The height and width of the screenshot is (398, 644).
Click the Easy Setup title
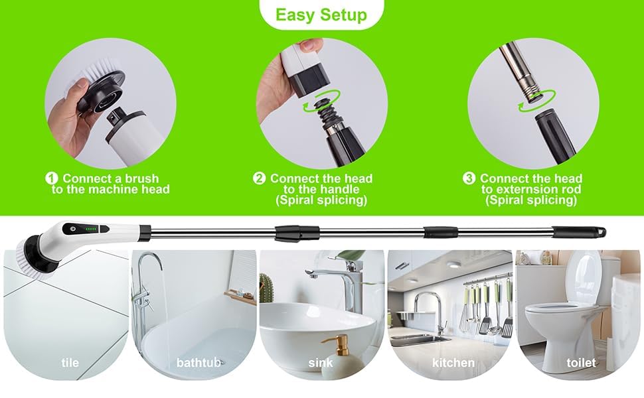(x=321, y=15)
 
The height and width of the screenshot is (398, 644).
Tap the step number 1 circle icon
(x=51, y=179)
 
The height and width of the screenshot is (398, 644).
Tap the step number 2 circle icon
(x=260, y=179)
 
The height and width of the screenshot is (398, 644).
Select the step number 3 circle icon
(x=469, y=179)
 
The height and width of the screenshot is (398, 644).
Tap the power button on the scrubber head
(x=71, y=228)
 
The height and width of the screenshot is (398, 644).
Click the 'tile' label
(x=70, y=363)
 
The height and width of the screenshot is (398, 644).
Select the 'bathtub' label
(x=196, y=363)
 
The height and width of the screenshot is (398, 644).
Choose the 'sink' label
(x=321, y=363)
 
